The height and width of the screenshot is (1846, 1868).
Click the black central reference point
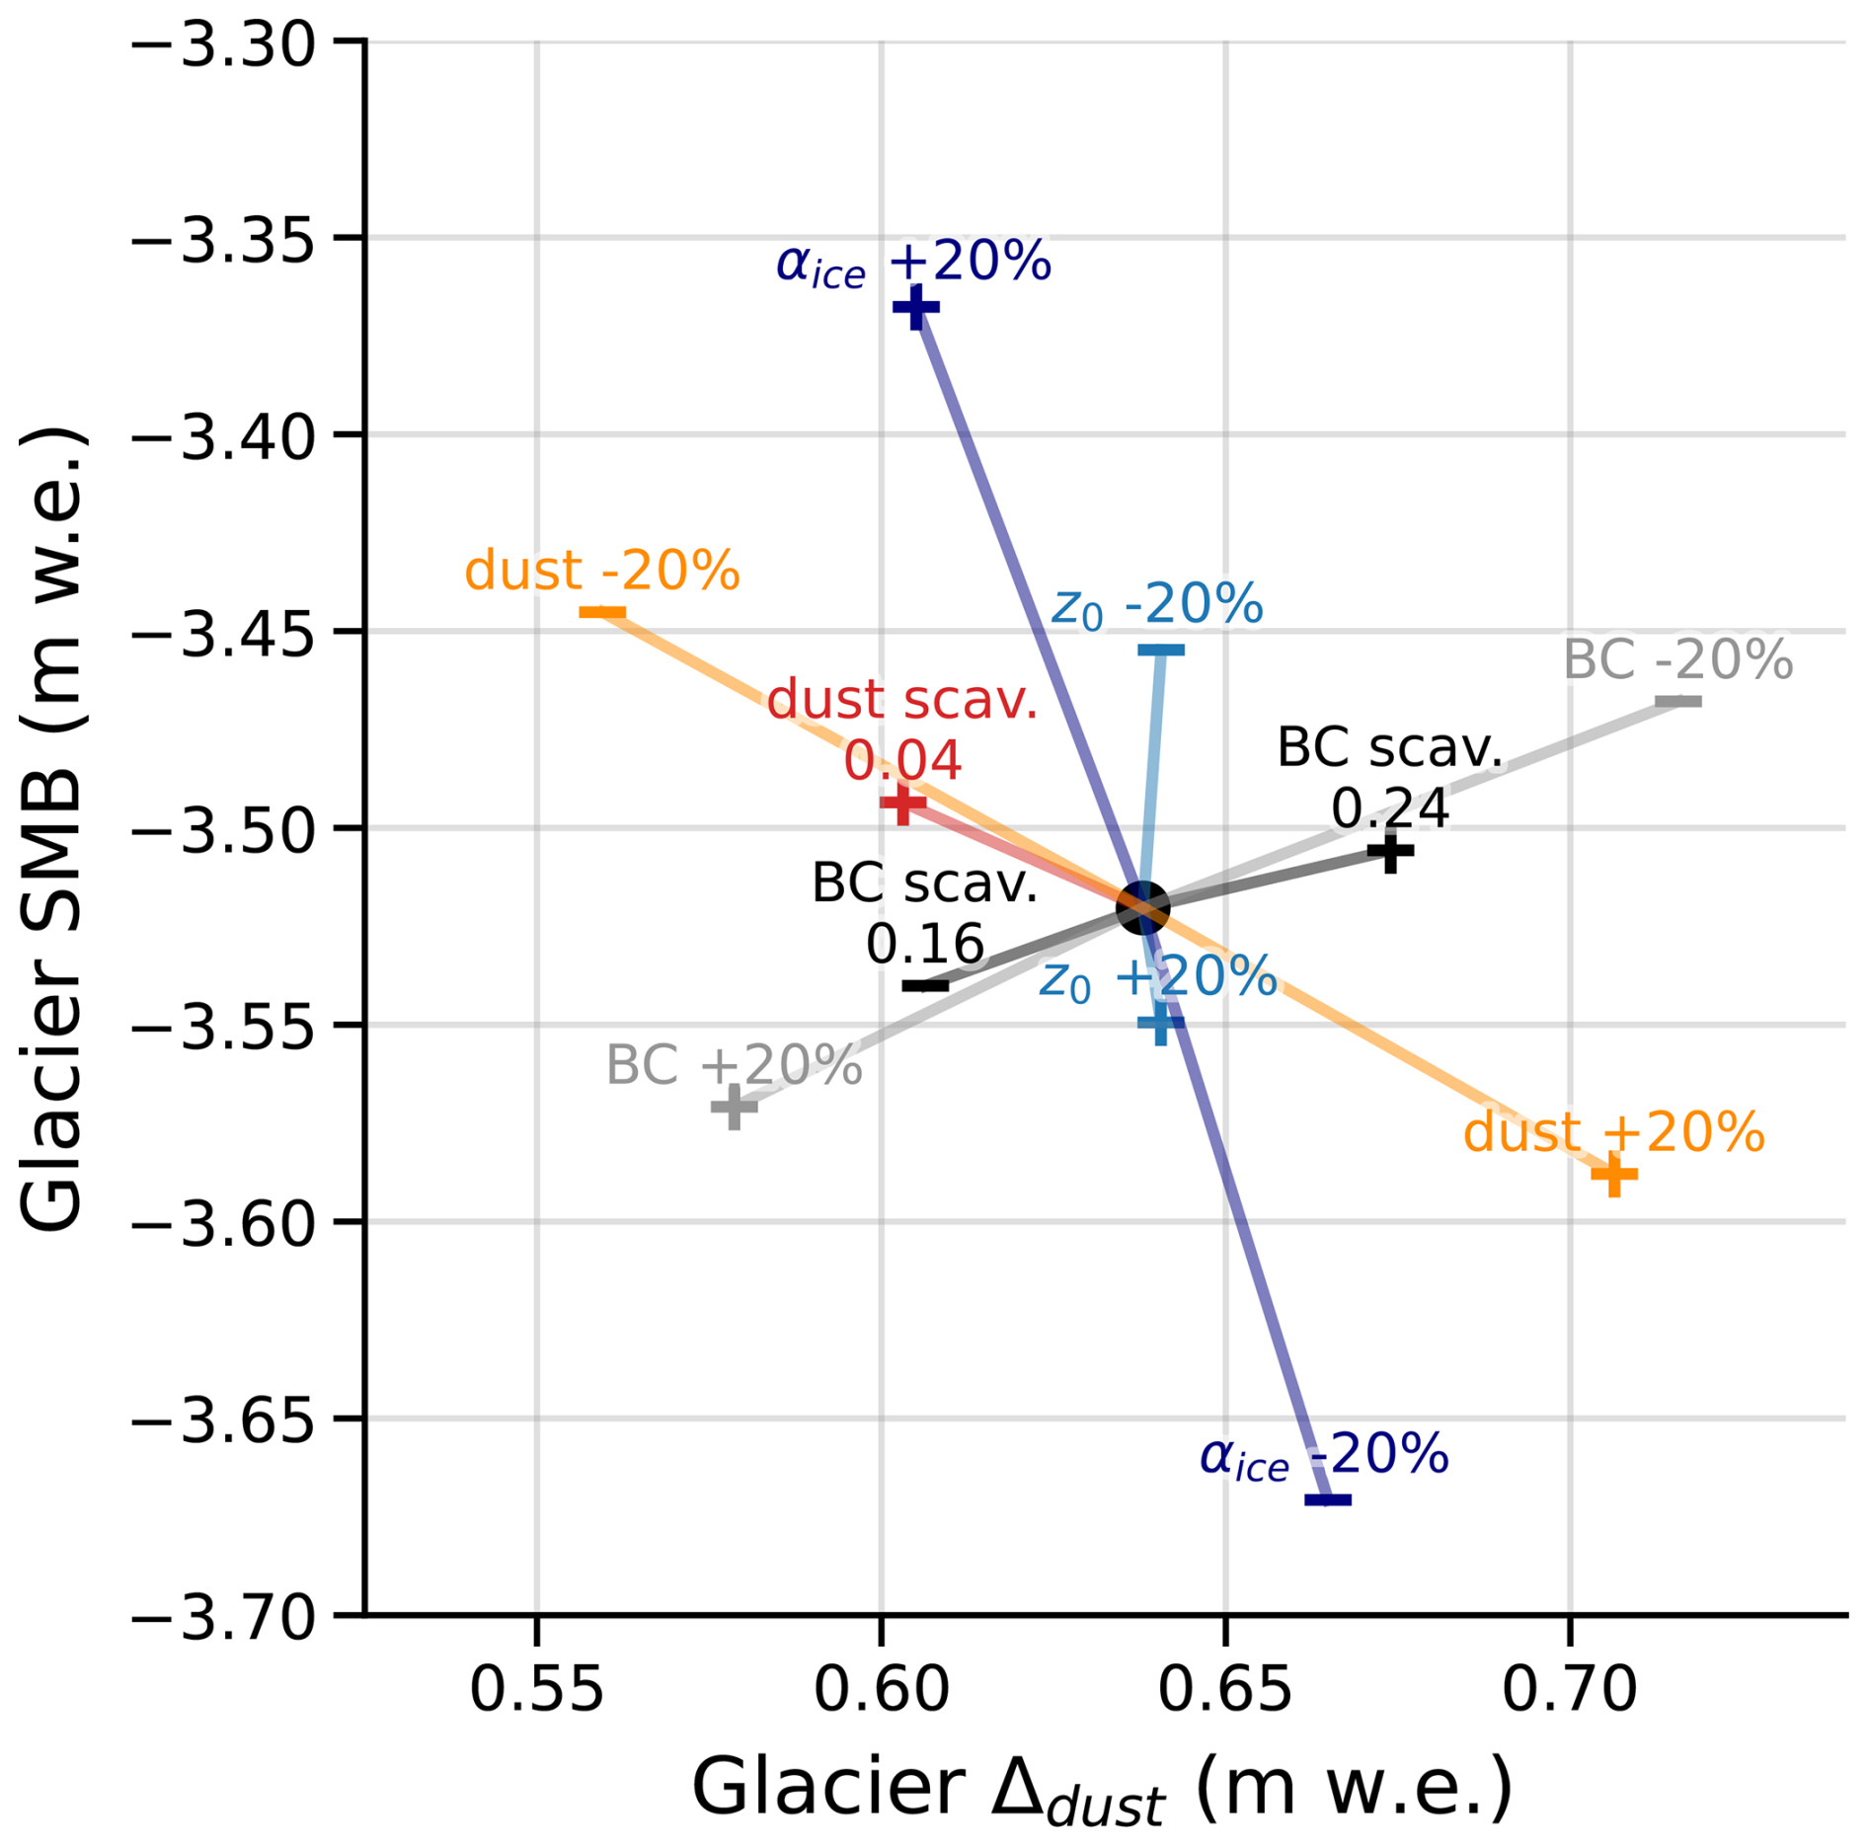1142,907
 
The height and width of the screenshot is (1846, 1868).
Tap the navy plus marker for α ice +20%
916,308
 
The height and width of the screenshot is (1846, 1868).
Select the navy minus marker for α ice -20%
1328,1500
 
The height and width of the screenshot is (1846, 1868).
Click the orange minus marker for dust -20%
602,613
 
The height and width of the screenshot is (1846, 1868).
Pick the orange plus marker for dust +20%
1614,1174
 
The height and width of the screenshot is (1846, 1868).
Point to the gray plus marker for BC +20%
734,1107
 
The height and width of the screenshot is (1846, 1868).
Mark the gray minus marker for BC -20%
1678,702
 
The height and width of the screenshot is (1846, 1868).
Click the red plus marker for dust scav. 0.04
902,804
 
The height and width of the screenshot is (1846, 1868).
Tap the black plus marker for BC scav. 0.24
1390,850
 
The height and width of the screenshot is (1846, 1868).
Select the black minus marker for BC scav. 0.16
925,985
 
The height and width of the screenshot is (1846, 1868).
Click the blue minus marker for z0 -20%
1161,651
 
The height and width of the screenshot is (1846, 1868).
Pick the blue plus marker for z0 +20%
1161,1022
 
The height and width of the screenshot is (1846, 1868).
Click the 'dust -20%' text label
602,571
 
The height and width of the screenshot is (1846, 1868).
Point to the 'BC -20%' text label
1677,659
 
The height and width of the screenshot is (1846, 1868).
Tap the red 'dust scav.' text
902,700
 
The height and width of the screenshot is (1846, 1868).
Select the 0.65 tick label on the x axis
1225,1690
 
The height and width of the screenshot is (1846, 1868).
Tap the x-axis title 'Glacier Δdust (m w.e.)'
1102,1789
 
